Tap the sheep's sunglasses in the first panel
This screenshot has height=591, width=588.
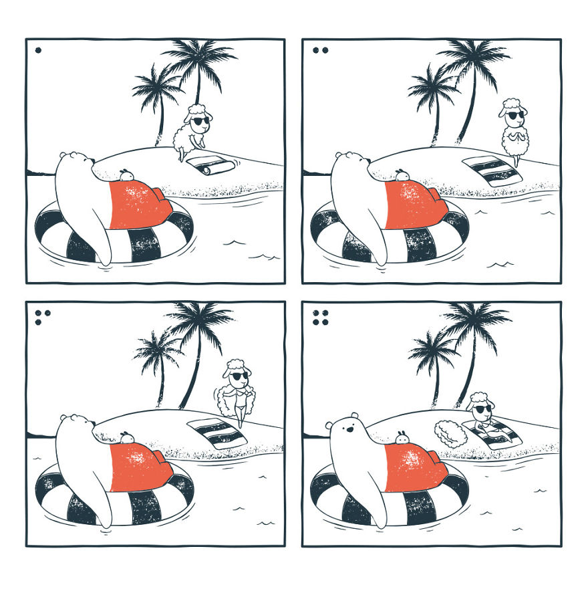[x=200, y=121]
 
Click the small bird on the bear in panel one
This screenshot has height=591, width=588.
[x=126, y=175]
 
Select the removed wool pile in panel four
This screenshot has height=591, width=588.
[x=451, y=433]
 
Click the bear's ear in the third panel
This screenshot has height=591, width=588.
[x=65, y=418]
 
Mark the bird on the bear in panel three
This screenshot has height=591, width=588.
[x=125, y=437]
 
